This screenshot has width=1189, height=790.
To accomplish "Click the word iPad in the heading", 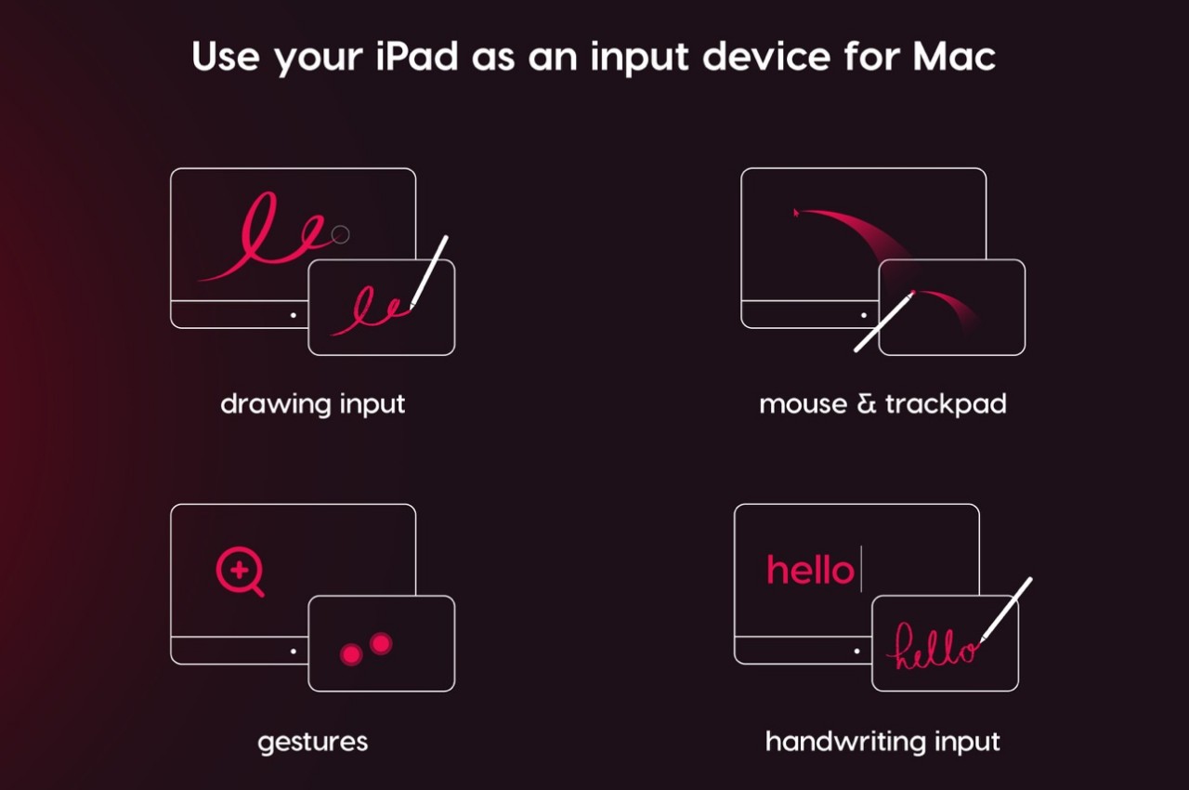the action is (416, 57).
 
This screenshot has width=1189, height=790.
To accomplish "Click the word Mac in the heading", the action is (954, 57).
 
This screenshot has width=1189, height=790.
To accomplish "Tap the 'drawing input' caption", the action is (313, 404).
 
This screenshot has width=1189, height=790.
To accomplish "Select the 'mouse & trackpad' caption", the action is (882, 404).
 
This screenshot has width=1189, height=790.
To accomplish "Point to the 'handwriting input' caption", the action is (882, 741).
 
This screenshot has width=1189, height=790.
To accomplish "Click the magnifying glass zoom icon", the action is (240, 572).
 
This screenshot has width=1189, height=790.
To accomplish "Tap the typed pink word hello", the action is (810, 570).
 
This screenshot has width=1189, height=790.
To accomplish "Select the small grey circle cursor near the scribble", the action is (340, 234).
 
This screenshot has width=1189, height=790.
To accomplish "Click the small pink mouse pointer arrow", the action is (796, 213).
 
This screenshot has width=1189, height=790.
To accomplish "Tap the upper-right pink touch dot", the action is (381, 643).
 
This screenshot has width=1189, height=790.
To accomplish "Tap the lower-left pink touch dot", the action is (351, 654).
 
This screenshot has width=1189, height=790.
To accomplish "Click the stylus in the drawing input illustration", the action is (429, 272).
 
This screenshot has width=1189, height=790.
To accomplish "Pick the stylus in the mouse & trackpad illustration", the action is (884, 322).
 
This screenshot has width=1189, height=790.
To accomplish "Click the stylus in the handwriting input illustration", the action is (1006, 609).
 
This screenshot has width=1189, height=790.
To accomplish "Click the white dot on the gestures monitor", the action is (294, 651).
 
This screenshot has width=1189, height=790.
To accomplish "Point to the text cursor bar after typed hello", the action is (861, 569).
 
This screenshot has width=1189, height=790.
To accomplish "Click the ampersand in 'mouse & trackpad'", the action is (867, 404).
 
